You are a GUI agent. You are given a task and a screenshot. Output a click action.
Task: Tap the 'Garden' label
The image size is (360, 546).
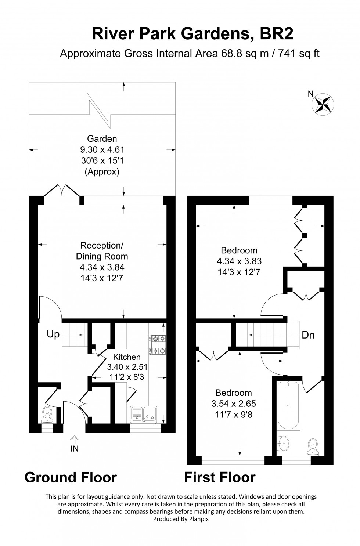click(x=102, y=139)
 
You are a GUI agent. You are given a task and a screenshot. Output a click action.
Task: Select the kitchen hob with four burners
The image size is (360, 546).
click(x=158, y=345)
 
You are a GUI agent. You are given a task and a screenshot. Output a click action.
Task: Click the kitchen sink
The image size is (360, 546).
click(x=144, y=415)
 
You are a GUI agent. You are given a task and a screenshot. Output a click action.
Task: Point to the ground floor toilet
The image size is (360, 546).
click(x=47, y=414)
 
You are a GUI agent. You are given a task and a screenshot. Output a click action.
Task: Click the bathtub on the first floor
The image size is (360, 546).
click(x=288, y=405)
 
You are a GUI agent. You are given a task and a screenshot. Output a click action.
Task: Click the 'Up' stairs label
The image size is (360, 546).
click(x=53, y=335)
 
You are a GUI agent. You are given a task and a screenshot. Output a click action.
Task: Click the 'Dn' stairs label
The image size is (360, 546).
click(x=308, y=335)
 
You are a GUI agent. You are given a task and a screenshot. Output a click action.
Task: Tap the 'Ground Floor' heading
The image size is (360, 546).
click(x=71, y=477)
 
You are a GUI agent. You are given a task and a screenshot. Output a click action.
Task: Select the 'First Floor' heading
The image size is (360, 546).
click(x=220, y=477)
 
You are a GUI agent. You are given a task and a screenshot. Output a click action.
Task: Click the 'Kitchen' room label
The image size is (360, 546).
click(x=127, y=357)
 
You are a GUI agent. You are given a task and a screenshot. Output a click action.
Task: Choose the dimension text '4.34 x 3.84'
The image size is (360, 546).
click(x=102, y=267)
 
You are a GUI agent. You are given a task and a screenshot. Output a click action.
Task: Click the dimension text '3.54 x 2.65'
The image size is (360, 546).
click(x=234, y=404)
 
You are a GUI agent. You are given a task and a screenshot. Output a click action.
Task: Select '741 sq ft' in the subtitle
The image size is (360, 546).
click(x=299, y=54)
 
